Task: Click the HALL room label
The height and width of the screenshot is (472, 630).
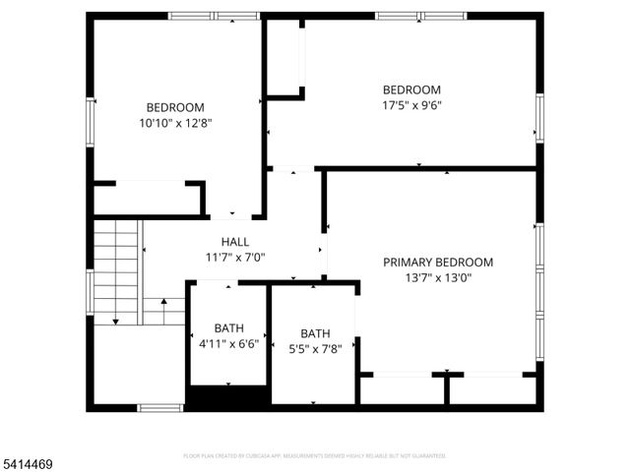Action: [x=235, y=242]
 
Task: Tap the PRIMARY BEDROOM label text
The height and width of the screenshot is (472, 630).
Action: [x=438, y=263]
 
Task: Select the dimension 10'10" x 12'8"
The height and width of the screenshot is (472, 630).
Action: [x=175, y=124]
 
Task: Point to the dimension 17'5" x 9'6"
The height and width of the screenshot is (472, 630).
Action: [x=411, y=105]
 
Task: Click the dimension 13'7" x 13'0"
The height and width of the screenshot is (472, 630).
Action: [x=438, y=278]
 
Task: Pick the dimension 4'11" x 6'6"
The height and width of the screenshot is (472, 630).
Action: [x=229, y=344]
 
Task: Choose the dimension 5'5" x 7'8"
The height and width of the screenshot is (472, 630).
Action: [x=315, y=348]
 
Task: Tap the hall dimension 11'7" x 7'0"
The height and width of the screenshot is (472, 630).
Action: [x=235, y=258]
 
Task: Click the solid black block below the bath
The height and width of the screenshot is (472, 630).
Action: [x=227, y=397]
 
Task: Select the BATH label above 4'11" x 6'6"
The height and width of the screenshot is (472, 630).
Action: [x=229, y=328]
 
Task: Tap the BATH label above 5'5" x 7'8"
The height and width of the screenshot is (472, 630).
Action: [x=315, y=333]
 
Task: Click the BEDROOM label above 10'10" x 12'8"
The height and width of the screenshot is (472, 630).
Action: [x=175, y=108]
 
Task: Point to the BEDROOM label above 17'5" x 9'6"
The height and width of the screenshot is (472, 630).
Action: [x=411, y=89]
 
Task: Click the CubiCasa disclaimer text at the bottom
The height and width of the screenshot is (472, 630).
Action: [x=315, y=456]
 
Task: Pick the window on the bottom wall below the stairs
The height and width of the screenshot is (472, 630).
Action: [x=159, y=407]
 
